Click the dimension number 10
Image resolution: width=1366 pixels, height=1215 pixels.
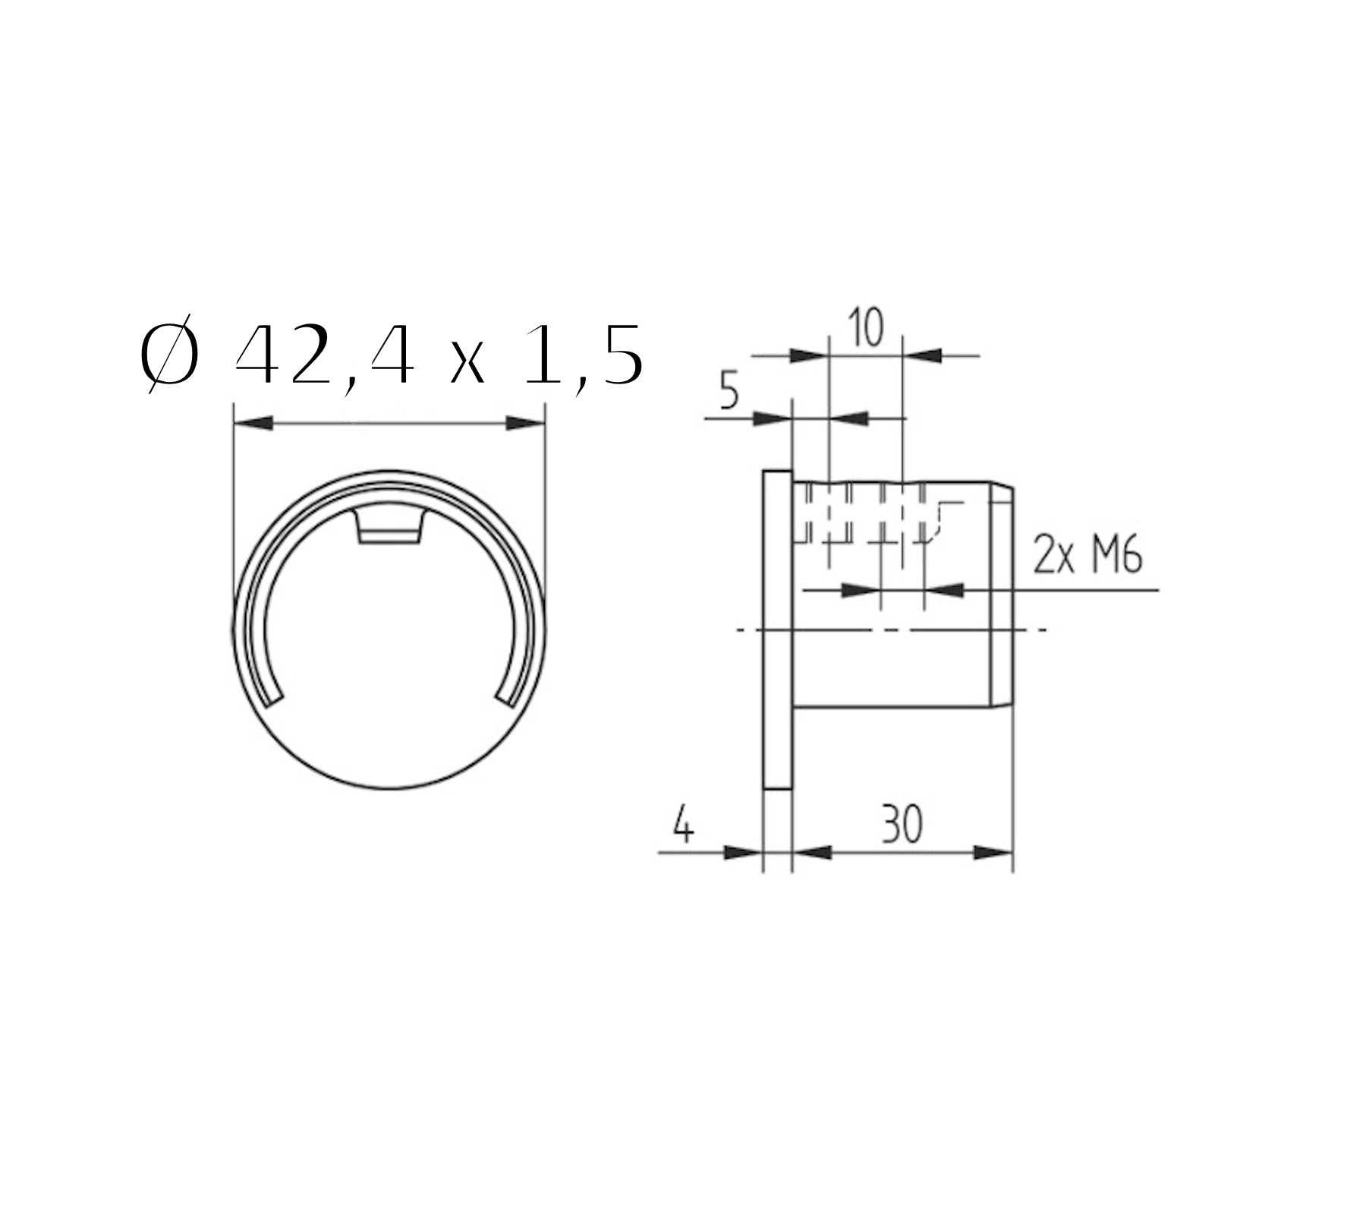(866, 329)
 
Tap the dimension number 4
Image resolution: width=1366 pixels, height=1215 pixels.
(684, 826)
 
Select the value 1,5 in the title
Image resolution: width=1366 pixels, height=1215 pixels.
(585, 357)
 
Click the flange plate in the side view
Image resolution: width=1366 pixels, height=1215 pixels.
(777, 630)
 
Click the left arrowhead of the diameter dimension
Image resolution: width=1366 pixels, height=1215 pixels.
(253, 423)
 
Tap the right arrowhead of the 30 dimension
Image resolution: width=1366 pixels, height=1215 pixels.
(993, 853)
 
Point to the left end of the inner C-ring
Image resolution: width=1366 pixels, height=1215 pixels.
(274, 696)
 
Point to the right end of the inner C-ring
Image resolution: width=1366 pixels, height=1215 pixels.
(504, 696)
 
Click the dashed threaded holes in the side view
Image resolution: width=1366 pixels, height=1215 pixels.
(865, 516)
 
